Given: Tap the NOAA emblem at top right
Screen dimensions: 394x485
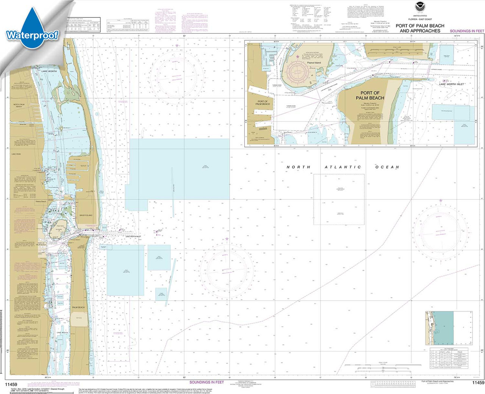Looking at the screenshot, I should coord(419,17).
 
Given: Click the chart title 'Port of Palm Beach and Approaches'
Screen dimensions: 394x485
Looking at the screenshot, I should coord(420,28).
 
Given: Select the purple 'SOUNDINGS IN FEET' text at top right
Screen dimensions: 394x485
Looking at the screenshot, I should coord(467,31).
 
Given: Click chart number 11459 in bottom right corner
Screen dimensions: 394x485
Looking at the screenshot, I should coord(478,383).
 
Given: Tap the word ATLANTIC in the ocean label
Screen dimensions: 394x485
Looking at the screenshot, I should coord(343,167).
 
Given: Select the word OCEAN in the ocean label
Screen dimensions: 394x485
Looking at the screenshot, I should coord(387,167).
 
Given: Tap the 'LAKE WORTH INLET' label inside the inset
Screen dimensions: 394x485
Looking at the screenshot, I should coord(452,84).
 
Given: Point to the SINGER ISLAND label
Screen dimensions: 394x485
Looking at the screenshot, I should coord(86,215).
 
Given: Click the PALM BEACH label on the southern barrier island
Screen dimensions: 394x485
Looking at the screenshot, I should coord(78,307).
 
